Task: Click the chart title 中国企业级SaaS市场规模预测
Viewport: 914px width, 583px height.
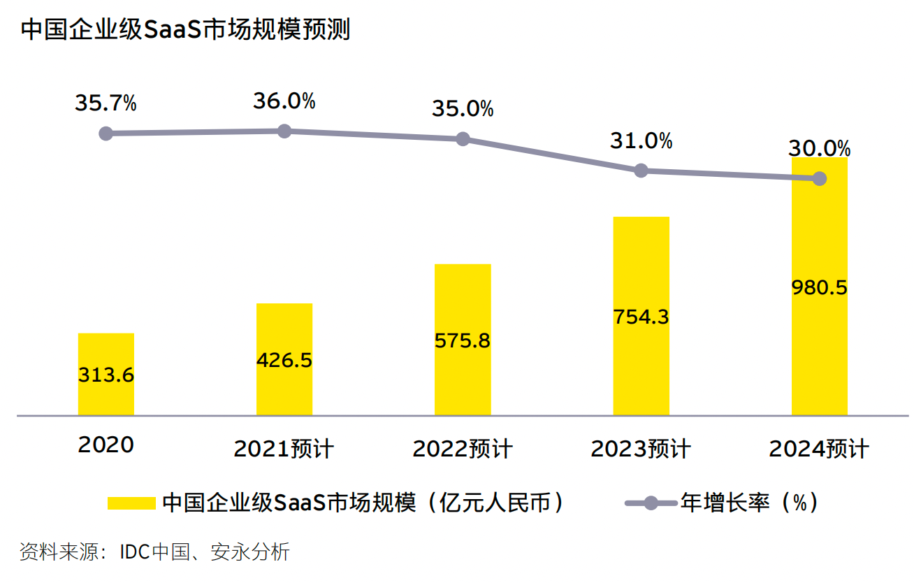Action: (x=184, y=31)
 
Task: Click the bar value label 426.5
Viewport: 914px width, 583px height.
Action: (x=284, y=360)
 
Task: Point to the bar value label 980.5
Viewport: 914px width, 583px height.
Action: (x=819, y=287)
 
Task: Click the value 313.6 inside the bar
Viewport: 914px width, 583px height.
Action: (x=106, y=375)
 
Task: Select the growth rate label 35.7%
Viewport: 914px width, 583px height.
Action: (x=106, y=103)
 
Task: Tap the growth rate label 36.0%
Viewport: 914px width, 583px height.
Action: (x=284, y=101)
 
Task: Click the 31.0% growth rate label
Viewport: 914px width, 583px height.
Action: (x=641, y=141)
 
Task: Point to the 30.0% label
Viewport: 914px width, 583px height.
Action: (x=819, y=149)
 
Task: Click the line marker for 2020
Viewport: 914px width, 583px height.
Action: (x=106, y=134)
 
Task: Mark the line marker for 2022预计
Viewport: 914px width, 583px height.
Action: (x=463, y=139)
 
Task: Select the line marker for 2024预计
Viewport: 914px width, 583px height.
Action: (x=820, y=179)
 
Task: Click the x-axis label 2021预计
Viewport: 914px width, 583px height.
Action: (x=284, y=449)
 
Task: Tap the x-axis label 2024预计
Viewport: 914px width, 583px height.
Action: (x=819, y=449)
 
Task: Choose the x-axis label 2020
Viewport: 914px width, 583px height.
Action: (x=106, y=445)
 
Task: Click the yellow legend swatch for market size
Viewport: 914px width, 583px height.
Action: (x=131, y=503)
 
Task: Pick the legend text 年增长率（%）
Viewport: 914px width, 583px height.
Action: (x=749, y=503)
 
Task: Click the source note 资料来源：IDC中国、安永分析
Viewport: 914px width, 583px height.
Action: (x=154, y=552)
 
